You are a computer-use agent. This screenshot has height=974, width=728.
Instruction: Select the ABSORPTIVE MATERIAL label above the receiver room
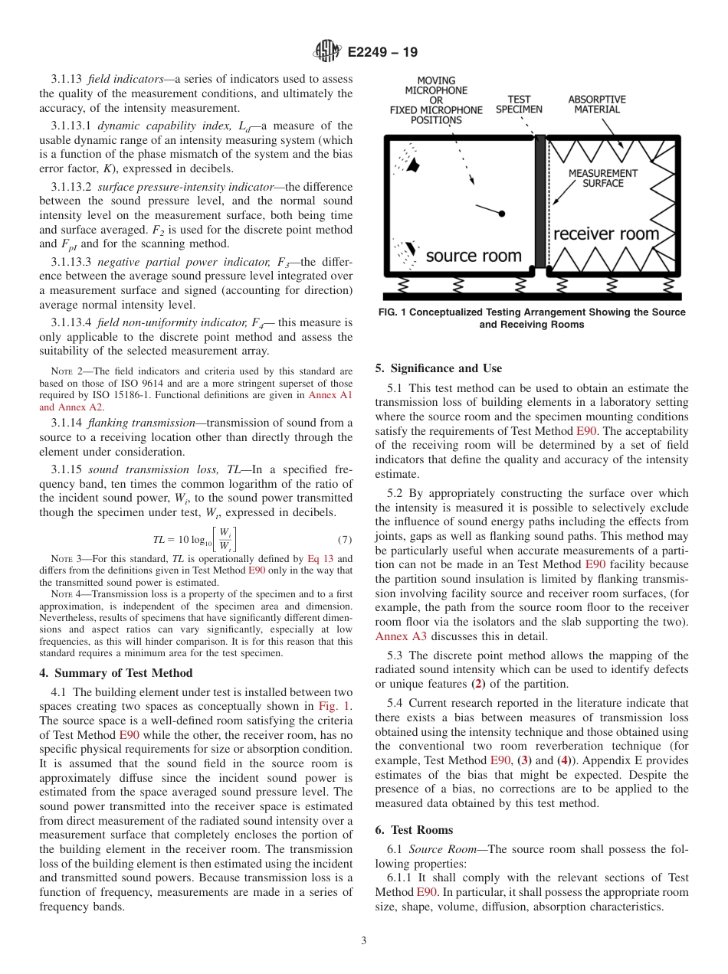point(597,104)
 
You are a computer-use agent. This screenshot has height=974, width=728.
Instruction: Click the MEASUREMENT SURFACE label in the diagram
point(603,178)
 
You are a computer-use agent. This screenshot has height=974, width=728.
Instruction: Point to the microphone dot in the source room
point(503,214)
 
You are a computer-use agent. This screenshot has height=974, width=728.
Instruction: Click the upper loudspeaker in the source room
point(414,165)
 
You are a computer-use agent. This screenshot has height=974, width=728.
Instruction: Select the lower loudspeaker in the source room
point(411,250)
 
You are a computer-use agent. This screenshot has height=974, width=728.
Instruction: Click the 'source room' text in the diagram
point(473,256)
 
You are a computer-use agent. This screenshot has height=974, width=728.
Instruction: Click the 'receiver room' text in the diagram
point(605,234)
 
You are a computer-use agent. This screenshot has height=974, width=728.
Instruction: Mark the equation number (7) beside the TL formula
point(345,539)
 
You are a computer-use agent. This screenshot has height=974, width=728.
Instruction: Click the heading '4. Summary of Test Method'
point(116,673)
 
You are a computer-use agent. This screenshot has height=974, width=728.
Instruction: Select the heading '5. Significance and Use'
point(438,368)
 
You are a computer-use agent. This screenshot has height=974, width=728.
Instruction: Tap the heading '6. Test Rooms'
point(414,830)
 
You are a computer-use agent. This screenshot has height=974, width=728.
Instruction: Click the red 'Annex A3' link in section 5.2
point(401,636)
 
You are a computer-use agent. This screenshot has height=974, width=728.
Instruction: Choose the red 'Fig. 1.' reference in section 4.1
point(335,706)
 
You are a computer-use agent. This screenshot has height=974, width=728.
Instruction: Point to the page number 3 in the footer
point(363,941)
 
